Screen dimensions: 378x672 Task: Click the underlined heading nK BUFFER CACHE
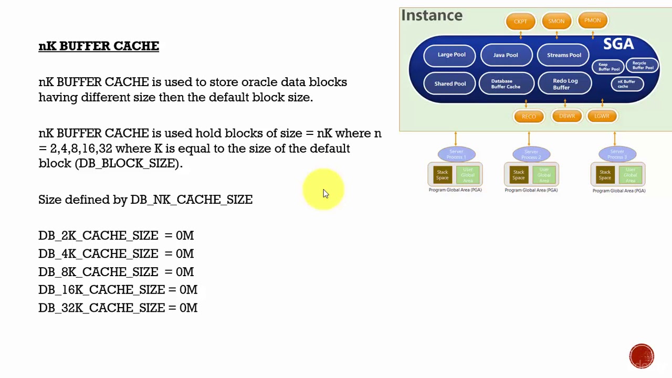point(99,46)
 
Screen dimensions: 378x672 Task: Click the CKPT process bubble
point(520,22)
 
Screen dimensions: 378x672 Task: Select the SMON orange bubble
point(556,22)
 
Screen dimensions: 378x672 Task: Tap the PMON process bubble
point(592,20)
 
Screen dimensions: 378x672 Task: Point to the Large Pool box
point(451,55)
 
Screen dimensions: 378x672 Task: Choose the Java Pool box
point(506,55)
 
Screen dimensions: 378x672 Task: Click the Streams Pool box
point(564,55)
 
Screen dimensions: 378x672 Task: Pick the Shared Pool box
point(450,84)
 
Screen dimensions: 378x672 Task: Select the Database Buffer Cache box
point(506,84)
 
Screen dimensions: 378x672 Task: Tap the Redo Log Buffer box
point(565,84)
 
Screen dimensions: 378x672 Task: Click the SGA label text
point(618,44)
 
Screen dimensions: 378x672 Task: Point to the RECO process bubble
point(529,117)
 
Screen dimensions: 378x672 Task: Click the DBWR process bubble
point(566,116)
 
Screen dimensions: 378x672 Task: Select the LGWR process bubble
point(602,116)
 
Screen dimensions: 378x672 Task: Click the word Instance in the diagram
point(432,16)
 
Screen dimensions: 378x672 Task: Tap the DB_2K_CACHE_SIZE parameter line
point(116,236)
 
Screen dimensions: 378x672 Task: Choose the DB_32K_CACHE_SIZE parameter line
point(118,308)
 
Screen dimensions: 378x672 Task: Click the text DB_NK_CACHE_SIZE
point(191,200)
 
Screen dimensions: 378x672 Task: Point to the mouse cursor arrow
point(325,194)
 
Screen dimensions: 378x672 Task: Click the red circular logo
point(642,356)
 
